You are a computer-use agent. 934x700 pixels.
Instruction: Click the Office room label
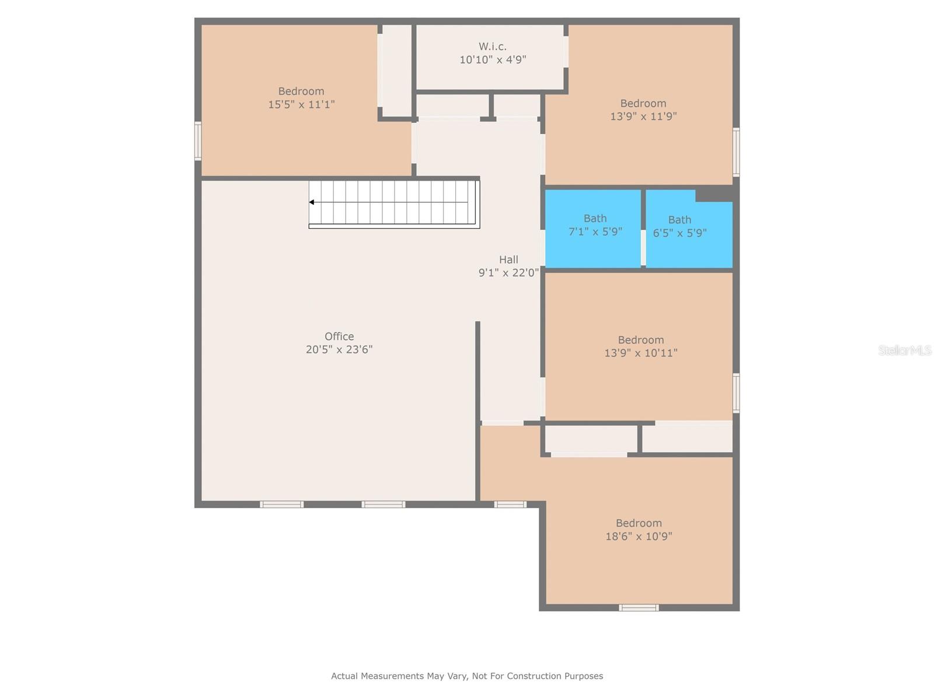pos(339,336)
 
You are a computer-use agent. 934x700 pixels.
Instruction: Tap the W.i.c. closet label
pos(492,46)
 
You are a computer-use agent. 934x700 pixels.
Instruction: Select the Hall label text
pos(508,259)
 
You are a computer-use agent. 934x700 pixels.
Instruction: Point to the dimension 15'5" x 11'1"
pos(301,104)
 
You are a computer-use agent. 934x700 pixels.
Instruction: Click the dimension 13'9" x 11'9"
pos(643,116)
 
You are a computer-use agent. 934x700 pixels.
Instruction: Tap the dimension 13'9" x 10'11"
pos(640,353)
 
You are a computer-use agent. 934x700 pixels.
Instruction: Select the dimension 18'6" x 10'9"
pos(638,536)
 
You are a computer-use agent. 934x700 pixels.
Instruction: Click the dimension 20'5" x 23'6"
pos(339,349)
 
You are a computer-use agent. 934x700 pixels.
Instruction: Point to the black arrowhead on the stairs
pos(312,202)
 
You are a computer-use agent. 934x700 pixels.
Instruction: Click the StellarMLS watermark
pos(905,350)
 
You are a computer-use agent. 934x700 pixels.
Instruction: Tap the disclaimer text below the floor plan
pos(467,675)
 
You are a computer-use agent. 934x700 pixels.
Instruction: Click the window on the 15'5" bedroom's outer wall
pos(198,141)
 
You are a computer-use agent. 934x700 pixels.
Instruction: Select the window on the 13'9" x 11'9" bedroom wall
pos(736,152)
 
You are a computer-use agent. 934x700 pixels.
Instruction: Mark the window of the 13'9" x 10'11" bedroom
pos(736,393)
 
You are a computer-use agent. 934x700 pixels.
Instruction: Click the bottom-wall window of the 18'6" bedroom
pos(638,608)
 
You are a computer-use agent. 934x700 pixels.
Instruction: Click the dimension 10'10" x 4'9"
pos(492,60)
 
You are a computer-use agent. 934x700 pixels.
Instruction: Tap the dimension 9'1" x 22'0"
pos(508,272)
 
